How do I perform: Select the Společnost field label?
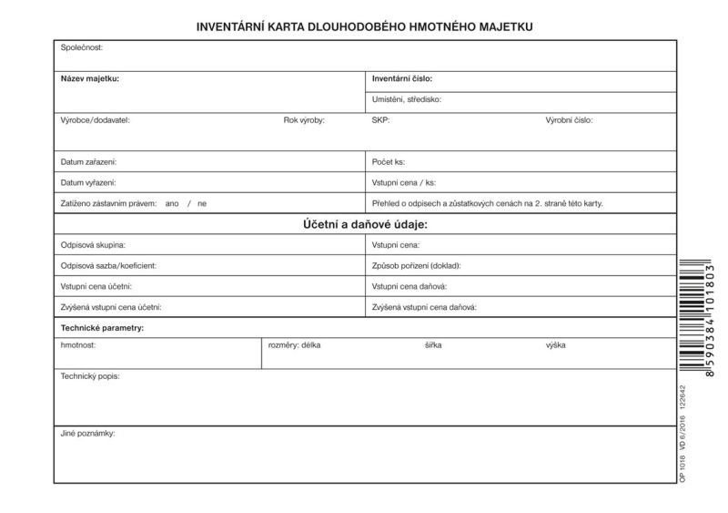82,47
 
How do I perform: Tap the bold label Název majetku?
90,78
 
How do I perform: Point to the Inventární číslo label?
402,78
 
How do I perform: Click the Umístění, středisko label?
407,99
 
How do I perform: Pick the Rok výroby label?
304,120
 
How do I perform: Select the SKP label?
380,120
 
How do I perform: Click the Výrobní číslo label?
569,120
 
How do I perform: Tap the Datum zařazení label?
88,161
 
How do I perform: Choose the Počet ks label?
389,161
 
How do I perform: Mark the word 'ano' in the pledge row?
172,203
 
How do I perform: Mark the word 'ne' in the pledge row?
202,203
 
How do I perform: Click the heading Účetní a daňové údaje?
364,224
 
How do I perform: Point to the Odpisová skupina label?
93,245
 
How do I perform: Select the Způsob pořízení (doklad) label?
417,265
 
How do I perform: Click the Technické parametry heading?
102,327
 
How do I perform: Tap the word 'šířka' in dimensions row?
434,346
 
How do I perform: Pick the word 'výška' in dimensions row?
557,346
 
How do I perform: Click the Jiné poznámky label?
88,433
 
